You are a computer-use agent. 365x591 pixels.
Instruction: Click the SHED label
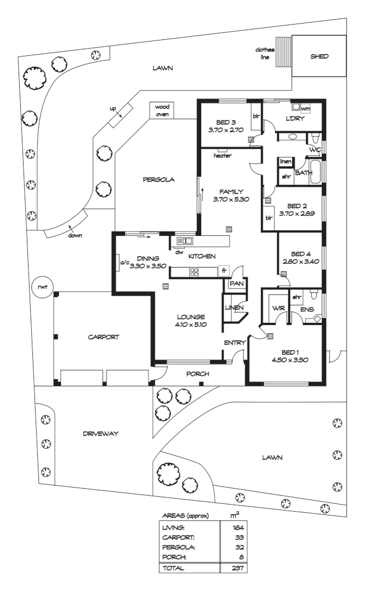[320, 56]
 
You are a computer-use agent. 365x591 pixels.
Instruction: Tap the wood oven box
[161, 110]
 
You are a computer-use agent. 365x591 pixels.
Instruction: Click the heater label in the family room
[223, 155]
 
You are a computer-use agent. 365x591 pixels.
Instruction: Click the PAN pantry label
[236, 283]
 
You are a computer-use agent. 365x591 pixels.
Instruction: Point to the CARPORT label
[104, 337]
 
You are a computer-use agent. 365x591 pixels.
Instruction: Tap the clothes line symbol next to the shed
[283, 51]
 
